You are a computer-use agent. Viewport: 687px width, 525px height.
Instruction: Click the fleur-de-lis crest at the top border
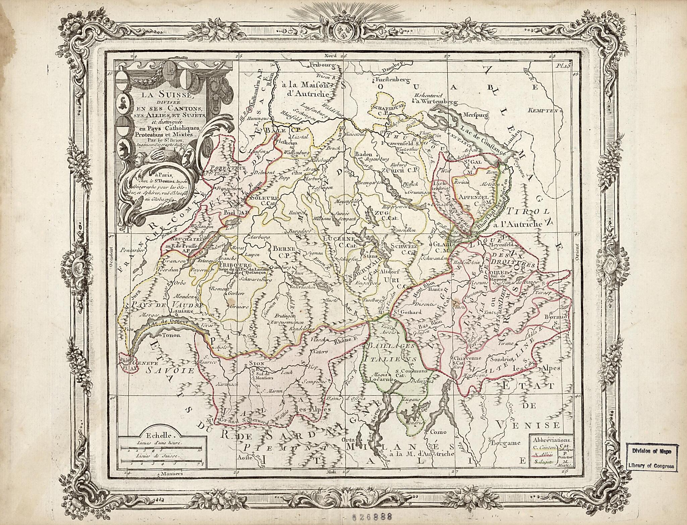coord(343,31)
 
